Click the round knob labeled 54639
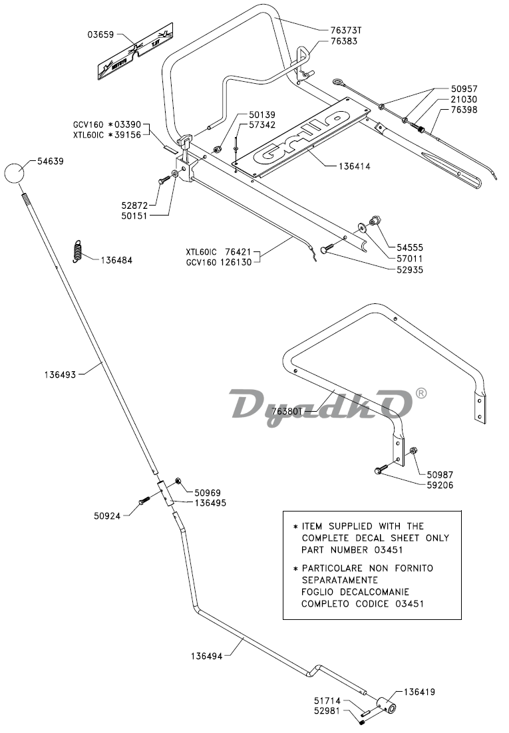[14, 174]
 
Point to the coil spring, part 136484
[77, 252]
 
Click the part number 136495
[211, 503]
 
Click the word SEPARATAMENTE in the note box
[337, 580]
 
